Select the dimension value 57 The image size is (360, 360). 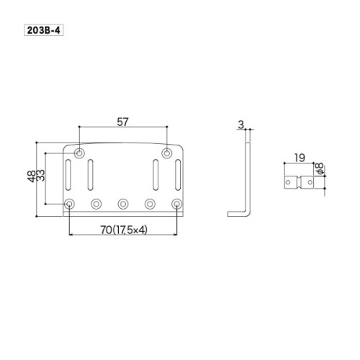pos(123,123)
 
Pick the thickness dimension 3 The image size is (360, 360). pos(240,125)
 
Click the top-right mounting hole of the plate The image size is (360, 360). pos(167,153)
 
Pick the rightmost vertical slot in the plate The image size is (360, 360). pos(176,176)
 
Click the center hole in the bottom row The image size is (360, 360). pos(123,204)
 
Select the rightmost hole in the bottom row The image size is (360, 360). pos(177,204)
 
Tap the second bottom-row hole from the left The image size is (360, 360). pos(96,204)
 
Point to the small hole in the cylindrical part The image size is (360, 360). pos(290,184)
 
